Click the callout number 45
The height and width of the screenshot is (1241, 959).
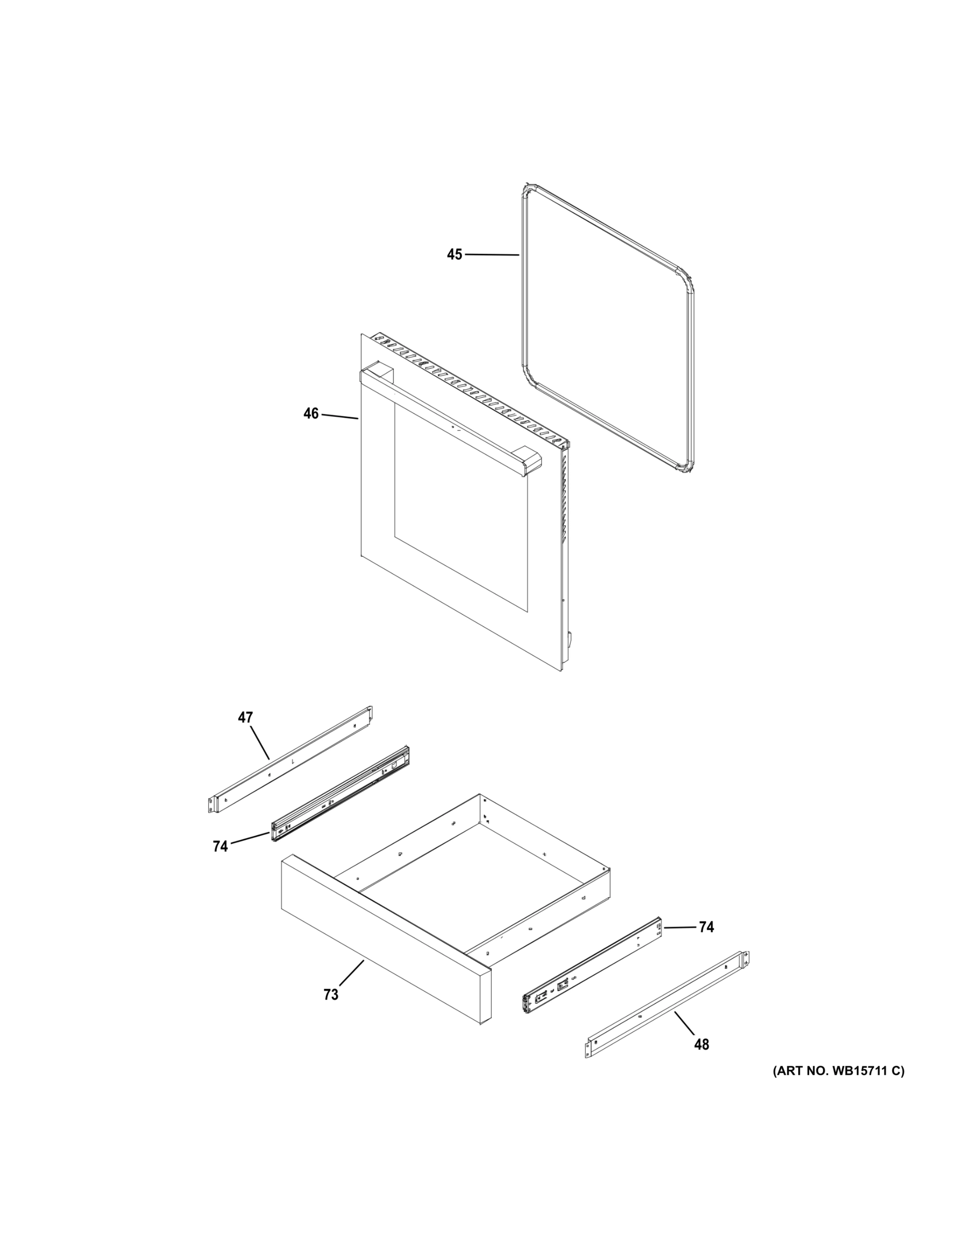coord(454,254)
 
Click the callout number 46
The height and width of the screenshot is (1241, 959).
coord(311,414)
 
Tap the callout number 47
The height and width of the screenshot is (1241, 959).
coord(245,718)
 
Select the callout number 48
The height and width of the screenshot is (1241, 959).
coord(702,1045)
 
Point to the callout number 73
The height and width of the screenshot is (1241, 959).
coord(331,994)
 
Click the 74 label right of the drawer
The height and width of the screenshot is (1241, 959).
coord(706,927)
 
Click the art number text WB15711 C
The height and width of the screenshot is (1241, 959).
coord(838,1071)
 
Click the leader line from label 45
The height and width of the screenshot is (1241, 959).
coord(492,255)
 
